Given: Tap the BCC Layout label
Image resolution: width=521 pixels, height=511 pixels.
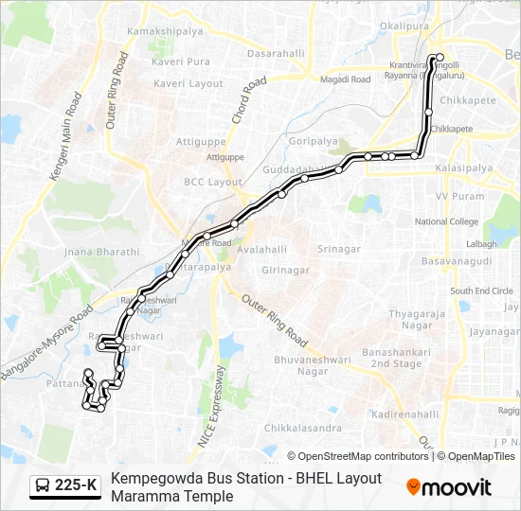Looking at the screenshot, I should [213, 182].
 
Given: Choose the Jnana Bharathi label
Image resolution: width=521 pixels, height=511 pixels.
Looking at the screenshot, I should [100, 253].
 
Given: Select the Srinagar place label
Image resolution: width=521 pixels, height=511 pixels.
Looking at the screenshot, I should [339, 249].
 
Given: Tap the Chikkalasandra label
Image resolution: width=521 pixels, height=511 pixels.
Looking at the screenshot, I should [276, 428].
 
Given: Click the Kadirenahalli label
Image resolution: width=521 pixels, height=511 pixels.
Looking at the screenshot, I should [405, 414].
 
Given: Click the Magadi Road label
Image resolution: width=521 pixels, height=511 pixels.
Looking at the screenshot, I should [347, 79].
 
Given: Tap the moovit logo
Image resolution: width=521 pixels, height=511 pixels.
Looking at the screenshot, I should [449, 486].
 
